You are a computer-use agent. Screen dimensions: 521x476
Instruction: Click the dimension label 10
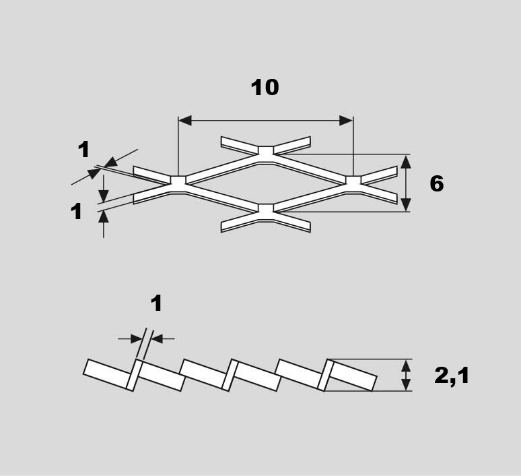265,88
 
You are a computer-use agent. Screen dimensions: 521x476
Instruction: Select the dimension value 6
437,183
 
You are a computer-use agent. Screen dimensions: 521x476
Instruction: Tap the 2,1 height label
452,376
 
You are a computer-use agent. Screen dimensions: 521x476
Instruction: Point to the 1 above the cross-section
156,303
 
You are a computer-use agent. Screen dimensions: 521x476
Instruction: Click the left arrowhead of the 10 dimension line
185,121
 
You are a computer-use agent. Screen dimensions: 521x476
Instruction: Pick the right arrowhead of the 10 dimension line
346,121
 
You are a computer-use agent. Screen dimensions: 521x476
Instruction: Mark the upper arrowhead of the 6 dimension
406,161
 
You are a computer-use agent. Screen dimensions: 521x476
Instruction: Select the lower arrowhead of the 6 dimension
406,205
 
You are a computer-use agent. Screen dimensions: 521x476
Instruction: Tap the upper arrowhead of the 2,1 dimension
406,366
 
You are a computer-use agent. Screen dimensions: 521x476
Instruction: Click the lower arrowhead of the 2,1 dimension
406,384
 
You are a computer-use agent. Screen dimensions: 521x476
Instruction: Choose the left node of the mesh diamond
178,184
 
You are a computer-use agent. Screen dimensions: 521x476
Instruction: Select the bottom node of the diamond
266,212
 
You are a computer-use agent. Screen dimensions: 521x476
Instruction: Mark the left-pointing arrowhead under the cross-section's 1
157,339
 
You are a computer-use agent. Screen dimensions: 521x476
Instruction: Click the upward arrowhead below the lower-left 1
104,216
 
